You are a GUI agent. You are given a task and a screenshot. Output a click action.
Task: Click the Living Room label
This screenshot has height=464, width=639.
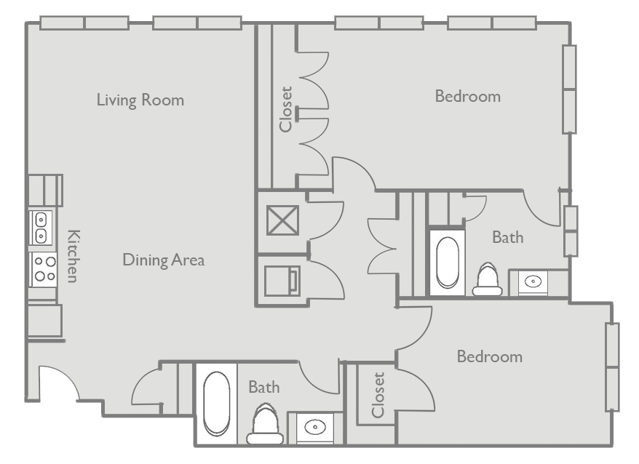tap(140, 100)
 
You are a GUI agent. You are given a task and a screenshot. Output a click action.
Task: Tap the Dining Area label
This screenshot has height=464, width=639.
tap(163, 260)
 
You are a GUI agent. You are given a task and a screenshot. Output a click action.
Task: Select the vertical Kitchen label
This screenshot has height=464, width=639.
tap(73, 255)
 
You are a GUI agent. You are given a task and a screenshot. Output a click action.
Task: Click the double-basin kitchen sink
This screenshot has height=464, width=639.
tap(41, 227)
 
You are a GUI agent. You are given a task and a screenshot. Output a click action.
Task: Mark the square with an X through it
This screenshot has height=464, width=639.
tap(282, 220)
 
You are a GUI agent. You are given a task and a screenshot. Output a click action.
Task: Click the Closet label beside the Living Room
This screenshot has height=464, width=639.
tap(285, 110)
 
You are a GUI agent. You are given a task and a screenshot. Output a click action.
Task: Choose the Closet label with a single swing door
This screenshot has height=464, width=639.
tap(378, 396)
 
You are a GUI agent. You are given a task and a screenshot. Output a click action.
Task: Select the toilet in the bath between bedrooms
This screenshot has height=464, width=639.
tap(487, 281)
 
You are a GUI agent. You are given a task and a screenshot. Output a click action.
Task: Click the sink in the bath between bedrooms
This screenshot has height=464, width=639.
tap(533, 281)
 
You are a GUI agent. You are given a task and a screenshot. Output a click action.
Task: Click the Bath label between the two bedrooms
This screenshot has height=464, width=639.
tap(507, 237)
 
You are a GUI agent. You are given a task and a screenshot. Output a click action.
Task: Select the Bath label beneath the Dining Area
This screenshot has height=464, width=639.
tap(263, 387)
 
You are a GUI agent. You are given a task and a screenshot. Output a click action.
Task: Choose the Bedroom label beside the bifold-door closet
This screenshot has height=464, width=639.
tap(467, 96)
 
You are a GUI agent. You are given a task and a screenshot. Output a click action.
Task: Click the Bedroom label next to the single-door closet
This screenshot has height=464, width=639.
tap(489, 356)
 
